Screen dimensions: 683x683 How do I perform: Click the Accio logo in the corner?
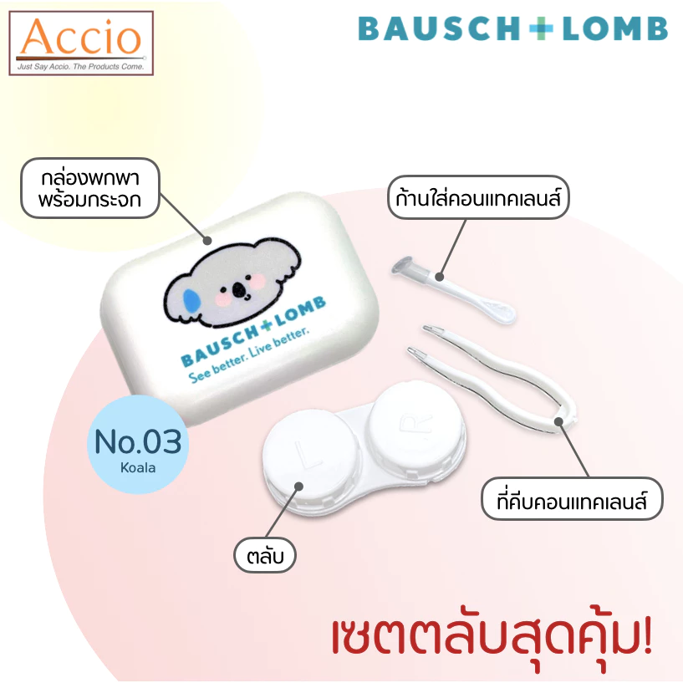point(81,43)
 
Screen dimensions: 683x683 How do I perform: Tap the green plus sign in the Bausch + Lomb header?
point(541,28)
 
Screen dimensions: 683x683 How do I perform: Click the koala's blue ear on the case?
point(191,301)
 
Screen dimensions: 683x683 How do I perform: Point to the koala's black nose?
point(239,289)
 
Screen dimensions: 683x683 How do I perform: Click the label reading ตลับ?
point(265,555)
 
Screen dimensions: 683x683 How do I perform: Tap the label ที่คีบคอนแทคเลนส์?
point(572,499)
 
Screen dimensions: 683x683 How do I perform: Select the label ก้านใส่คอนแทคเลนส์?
point(478,197)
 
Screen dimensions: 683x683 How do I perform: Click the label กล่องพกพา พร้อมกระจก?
point(90,188)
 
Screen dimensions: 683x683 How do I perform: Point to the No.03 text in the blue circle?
point(138,441)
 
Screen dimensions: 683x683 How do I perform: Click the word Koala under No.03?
point(138,468)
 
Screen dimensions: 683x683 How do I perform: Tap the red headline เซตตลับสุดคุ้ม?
point(492,636)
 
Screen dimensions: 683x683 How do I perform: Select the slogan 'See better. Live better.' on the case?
point(249,355)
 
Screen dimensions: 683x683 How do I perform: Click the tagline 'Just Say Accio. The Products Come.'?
point(80,67)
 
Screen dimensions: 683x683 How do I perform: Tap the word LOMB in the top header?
point(615,28)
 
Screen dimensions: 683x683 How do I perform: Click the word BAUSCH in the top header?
point(439,28)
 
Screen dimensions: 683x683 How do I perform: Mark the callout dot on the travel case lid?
point(207,240)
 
